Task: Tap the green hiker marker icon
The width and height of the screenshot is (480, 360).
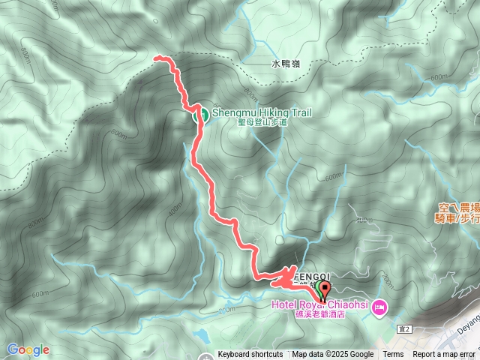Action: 201,115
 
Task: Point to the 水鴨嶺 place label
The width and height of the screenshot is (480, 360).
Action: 284,65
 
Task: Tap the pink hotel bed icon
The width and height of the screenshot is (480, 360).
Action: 379,306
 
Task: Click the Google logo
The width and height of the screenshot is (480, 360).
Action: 28,349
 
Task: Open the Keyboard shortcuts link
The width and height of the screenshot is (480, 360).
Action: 250,355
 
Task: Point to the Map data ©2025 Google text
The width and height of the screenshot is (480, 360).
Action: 333,355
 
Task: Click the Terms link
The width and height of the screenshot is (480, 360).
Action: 393,355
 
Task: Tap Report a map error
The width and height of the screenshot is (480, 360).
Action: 443,355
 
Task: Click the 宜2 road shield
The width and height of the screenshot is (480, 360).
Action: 406,329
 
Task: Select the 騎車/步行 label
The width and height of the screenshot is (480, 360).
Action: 457,217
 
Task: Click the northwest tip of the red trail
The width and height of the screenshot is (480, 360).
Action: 156,58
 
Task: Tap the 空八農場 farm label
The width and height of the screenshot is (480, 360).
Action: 457,205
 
